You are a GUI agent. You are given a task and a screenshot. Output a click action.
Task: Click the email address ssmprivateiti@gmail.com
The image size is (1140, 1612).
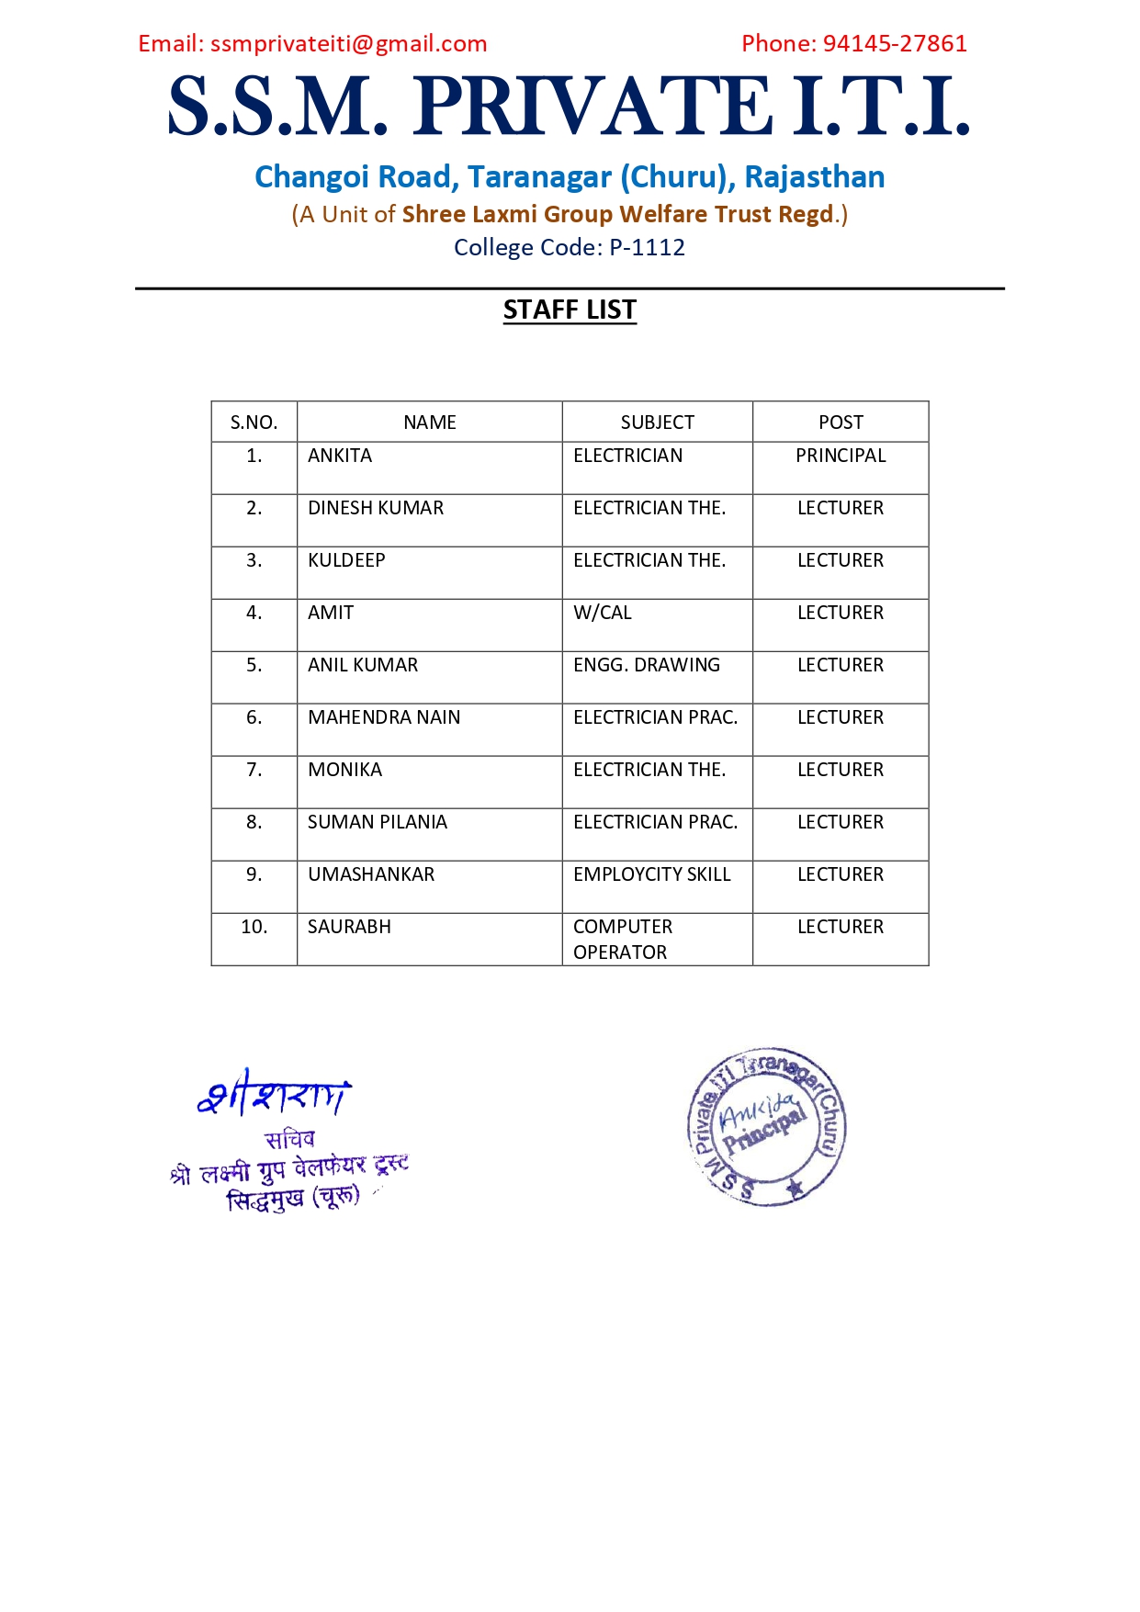coord(348,44)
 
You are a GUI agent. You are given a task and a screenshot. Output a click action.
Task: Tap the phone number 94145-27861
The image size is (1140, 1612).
coord(895,44)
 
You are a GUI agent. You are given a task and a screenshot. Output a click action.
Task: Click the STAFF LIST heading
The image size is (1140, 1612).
coord(570,310)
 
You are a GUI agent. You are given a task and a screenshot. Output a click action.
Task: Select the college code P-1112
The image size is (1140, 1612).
coord(647,248)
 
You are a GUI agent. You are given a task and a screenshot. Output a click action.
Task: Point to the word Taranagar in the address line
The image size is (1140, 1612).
coord(539,177)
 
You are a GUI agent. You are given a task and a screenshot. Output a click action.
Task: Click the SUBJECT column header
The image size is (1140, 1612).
coord(657,423)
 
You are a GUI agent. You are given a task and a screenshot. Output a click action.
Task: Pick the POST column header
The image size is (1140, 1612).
coord(841,423)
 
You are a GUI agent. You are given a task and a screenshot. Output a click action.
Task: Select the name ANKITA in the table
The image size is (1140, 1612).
coord(340,457)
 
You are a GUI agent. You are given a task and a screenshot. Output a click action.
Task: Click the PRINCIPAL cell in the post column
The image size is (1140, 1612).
coord(841,457)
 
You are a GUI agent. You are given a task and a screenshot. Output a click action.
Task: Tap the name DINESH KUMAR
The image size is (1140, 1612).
coord(376,509)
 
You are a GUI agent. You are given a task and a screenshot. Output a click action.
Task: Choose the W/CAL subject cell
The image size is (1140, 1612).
coord(603,614)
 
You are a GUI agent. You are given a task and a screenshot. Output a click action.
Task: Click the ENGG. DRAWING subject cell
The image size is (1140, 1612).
coord(647,666)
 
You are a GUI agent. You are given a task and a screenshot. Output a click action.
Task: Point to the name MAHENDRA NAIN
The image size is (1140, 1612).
coord(384,718)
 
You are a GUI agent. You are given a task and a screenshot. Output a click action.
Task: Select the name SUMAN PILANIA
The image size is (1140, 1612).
coord(378,823)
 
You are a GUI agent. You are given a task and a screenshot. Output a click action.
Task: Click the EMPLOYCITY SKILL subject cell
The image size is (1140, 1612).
coord(652,875)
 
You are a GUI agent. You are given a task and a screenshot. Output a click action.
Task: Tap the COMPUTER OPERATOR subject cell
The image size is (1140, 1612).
coord(623,940)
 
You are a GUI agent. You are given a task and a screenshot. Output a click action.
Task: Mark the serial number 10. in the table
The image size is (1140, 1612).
coord(254,928)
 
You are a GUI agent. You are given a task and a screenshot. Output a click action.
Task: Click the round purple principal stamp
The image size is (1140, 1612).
coord(766,1126)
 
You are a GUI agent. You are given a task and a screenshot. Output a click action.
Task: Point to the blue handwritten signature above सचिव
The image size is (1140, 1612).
coord(274,1094)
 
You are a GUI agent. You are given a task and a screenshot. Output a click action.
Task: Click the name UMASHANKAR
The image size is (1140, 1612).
coord(371,875)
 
